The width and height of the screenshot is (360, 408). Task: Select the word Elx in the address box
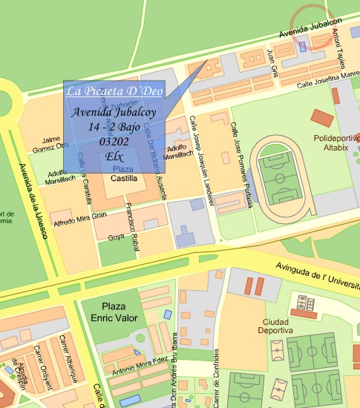pyautogui.click(x=114, y=156)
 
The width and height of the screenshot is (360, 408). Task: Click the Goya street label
pyautogui.click(x=116, y=237)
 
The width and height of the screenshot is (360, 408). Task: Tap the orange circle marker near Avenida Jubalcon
pyautogui.click(x=311, y=24)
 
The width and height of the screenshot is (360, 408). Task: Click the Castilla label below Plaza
pyautogui.click(x=124, y=180)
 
